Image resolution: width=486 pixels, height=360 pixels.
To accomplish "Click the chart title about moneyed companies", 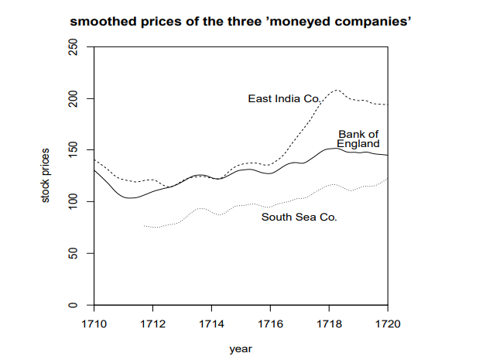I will (240, 22).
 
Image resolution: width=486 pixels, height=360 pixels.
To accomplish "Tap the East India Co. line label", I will (283, 98).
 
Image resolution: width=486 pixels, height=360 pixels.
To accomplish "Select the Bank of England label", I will (358, 139).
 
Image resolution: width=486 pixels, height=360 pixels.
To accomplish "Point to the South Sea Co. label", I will (299, 218).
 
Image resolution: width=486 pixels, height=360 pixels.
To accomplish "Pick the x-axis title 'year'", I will (241, 348).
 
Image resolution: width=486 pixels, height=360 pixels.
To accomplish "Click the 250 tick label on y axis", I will (74, 47).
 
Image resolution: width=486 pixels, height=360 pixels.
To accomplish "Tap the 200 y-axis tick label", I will (74, 98).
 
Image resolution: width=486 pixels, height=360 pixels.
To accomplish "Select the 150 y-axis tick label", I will (74, 150).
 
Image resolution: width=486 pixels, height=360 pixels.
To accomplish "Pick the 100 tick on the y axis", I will (74, 201).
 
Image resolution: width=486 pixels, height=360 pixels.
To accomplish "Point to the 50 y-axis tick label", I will (74, 253).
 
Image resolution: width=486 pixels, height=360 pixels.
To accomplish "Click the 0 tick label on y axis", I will (74, 304).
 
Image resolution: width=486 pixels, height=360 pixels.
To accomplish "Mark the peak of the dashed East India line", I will (336, 91).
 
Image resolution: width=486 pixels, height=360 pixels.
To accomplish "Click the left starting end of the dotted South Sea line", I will (145, 225).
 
